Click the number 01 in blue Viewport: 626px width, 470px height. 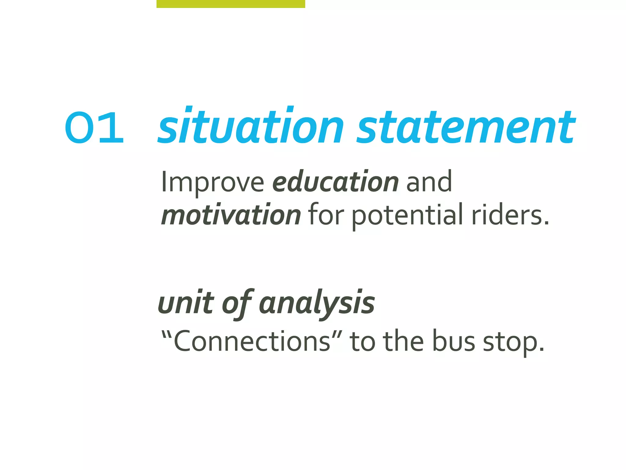click(x=94, y=128)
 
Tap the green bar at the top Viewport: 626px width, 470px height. click(x=231, y=4)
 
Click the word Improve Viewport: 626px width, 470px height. click(x=212, y=182)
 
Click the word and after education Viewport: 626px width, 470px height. click(x=429, y=182)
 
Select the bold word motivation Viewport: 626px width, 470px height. click(x=231, y=215)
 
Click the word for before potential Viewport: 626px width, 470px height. click(x=326, y=215)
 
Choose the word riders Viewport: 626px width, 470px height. click(x=510, y=215)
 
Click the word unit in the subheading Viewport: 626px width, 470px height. click(x=186, y=303)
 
